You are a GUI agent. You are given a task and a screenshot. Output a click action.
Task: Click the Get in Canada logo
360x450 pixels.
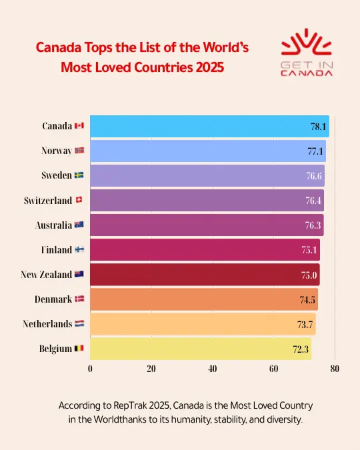click(x=307, y=53)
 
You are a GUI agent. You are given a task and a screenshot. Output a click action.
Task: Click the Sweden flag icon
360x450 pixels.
click(x=79, y=176)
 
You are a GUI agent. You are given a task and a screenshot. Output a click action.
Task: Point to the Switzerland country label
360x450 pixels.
click(x=48, y=201)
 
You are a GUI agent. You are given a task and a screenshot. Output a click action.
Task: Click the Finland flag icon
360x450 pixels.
click(x=79, y=250)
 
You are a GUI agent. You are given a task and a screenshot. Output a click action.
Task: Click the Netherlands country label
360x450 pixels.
click(x=47, y=324)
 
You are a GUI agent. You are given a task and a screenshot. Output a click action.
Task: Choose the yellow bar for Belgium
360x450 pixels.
click(x=200, y=349)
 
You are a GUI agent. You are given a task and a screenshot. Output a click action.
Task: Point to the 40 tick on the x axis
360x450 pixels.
click(x=213, y=369)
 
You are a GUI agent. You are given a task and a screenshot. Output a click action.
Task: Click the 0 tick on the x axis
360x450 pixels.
click(x=90, y=369)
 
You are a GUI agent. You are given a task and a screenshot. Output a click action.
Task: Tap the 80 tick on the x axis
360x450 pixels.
click(x=335, y=369)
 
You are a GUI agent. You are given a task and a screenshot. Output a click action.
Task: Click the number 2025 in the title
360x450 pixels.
click(x=205, y=67)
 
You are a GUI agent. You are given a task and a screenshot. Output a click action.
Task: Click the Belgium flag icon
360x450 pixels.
click(x=79, y=349)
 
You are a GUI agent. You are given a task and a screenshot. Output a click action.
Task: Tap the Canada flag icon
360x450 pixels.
click(x=79, y=126)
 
